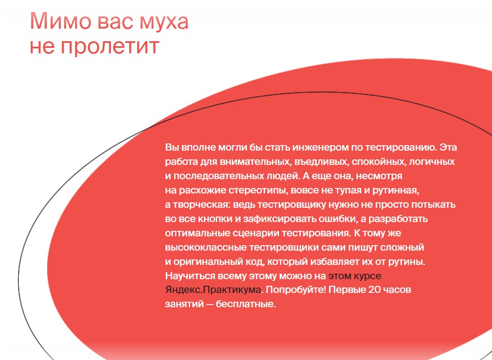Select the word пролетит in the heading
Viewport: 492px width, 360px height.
pyautogui.click(x=110, y=47)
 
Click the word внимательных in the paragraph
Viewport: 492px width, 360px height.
pyautogui.click(x=252, y=162)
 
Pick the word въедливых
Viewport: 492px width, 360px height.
pyautogui.click(x=321, y=162)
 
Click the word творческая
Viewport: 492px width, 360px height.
pyautogui.click(x=202, y=205)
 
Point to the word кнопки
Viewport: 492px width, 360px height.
pyautogui.click(x=216, y=219)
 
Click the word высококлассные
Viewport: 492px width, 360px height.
pyautogui.click(x=206, y=247)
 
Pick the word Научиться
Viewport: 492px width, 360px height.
pyautogui.click(x=189, y=276)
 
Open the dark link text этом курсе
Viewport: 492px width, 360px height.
pyautogui.click(x=355, y=276)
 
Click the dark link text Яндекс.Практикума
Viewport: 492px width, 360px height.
pyautogui.click(x=213, y=290)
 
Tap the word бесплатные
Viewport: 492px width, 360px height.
pyautogui.click(x=245, y=304)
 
